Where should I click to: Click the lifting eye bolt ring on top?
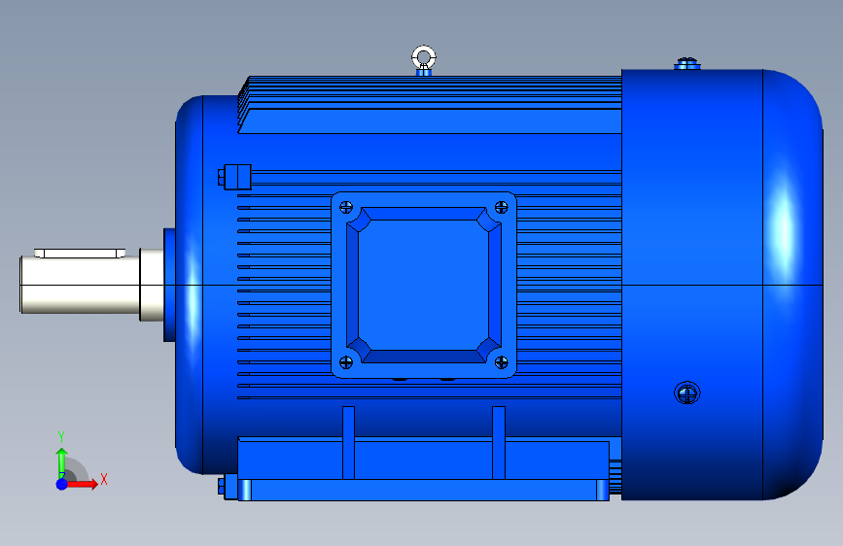point(424,49)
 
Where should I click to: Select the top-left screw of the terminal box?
point(346,207)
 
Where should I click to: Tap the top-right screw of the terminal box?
point(501,207)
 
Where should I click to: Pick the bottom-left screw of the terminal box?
point(346,362)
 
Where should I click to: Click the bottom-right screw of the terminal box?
point(501,362)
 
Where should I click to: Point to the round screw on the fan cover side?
point(687,392)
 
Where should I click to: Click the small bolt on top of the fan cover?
point(687,64)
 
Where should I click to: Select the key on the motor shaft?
point(80,254)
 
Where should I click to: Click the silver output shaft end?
point(80,284)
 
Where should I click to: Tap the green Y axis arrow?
point(62,461)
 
